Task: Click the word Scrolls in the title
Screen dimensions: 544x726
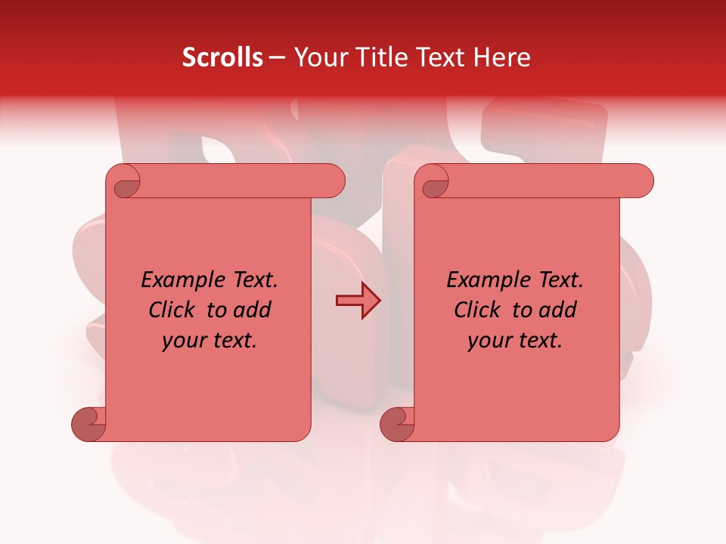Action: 223,57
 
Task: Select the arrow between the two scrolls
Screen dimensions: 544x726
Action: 358,301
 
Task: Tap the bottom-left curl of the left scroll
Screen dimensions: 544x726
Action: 88,423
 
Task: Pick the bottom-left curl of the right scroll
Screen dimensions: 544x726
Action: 396,423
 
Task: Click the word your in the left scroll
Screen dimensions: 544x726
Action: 181,342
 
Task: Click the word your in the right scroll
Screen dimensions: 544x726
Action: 487,342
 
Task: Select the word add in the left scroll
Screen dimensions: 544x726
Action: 252,310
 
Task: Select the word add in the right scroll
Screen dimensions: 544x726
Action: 557,310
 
